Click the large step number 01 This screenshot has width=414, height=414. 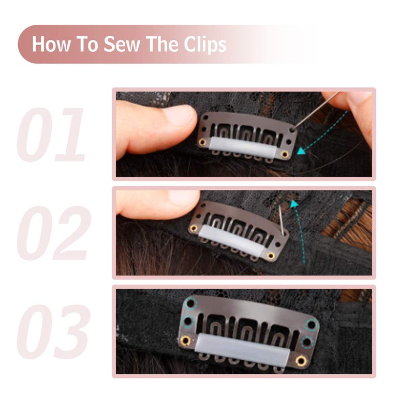[x=51, y=135]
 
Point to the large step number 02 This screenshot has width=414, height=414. [x=54, y=233]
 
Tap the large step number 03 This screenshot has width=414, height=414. [x=54, y=332]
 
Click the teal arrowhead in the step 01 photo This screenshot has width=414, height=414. [x=301, y=151]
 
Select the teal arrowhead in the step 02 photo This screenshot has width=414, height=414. [x=293, y=204]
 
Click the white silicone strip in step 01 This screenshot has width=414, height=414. [x=243, y=147]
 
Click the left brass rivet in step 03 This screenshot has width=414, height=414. [x=186, y=341]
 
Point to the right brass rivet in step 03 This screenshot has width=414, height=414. [x=301, y=360]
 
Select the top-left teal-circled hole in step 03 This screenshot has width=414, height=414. [x=190, y=303]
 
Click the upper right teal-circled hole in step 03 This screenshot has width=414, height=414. [x=312, y=324]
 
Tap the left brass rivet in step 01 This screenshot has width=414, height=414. [x=202, y=142]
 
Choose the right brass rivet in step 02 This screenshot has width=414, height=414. [x=271, y=256]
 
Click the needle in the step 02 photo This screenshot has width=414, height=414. [x=282, y=221]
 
